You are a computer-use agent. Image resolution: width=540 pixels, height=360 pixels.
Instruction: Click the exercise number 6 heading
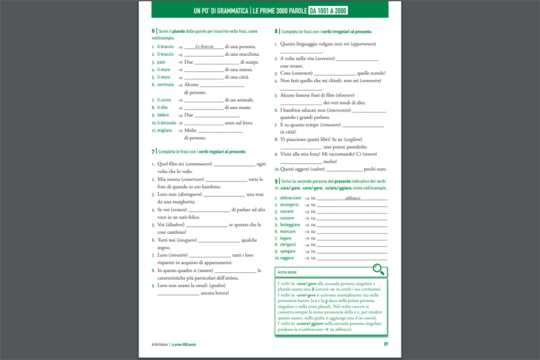[153, 31]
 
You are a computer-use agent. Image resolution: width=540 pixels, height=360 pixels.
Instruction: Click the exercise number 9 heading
[276, 181]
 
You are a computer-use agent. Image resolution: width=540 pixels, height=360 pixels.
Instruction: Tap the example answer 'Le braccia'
[204, 47]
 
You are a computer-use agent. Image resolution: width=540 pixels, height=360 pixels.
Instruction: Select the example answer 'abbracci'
[353, 198]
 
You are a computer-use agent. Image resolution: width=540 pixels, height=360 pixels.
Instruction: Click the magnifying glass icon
[378, 269]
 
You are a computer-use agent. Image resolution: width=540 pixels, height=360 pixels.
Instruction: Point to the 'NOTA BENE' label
[287, 273]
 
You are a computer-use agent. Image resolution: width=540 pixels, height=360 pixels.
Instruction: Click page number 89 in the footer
[386, 344]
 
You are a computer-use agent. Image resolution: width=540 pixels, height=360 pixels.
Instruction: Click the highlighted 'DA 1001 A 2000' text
[328, 10]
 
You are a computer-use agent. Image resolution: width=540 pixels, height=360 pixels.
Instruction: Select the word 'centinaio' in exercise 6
[165, 84]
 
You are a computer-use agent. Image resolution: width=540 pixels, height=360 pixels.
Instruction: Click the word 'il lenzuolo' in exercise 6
[167, 123]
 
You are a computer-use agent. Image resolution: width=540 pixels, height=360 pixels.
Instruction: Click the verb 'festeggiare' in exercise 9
[290, 225]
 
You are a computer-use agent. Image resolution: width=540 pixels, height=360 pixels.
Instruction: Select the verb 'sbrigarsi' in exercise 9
[288, 245]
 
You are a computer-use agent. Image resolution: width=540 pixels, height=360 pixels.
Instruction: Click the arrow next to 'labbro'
[180, 115]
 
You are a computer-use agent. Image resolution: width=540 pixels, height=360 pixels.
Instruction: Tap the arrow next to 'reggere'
[307, 258]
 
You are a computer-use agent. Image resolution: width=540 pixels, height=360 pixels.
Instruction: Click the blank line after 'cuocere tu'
[352, 219]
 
